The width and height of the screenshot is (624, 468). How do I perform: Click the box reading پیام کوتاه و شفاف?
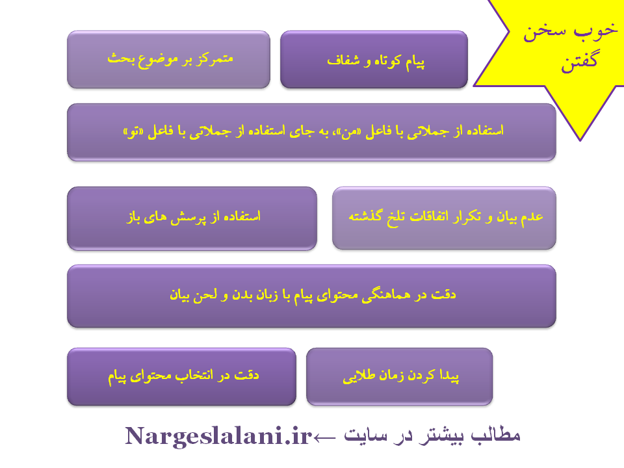[x=374, y=59]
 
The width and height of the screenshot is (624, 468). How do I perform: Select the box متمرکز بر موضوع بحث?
[x=169, y=59]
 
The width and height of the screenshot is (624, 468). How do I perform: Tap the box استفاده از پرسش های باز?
[x=192, y=218]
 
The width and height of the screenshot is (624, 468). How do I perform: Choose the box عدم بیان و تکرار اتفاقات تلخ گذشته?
[x=444, y=218]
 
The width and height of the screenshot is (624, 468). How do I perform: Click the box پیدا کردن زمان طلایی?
[x=400, y=376]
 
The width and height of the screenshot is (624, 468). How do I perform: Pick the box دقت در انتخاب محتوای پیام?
[x=181, y=376]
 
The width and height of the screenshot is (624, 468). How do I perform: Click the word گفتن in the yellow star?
[x=579, y=62]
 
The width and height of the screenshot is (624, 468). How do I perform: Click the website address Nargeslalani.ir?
[x=218, y=436]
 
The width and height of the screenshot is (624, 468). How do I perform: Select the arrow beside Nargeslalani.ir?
[x=324, y=438]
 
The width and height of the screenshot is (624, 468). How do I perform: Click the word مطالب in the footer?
[x=496, y=435]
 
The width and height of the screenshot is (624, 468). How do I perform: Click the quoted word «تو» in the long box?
[x=133, y=132]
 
